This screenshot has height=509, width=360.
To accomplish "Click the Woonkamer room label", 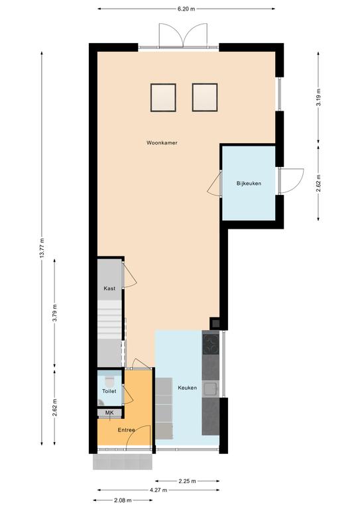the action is pos(162,142).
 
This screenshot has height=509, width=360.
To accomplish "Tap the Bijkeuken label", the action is pos(249,184).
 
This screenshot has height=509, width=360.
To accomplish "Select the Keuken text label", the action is pos(188,388).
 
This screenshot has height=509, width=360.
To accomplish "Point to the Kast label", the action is pos(109,288).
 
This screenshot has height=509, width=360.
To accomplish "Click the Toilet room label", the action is pos(109,391).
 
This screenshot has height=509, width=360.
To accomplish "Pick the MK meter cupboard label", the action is pos(109,412).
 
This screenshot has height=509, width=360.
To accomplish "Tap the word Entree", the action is pos(126,429).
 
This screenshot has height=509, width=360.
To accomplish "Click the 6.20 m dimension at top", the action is pos(186,9).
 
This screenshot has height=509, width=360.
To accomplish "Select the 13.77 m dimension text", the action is pos(42,249).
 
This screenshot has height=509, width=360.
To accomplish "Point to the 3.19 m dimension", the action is pos(318,97).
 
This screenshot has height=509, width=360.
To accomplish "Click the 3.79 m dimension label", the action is pos(54,313).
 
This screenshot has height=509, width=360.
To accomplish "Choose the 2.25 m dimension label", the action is pos(188,481).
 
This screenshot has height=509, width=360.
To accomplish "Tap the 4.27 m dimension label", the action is pos(158,490).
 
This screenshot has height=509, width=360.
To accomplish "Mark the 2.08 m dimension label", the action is pos(123,500).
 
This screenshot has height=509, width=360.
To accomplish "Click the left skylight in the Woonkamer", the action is pos(163,97).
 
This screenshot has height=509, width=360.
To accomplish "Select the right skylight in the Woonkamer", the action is pos(205,97).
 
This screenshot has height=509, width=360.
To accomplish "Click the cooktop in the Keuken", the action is pos(211,344).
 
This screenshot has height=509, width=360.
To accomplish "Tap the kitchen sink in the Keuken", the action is pos(211,388).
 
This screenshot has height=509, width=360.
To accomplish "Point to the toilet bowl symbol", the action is pos(109,380).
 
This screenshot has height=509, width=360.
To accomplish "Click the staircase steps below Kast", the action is pos(109,319).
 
